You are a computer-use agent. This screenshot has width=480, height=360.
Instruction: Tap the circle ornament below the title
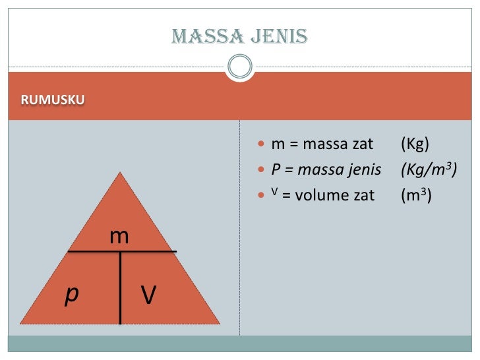239,65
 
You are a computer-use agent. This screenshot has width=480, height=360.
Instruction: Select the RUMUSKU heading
53,101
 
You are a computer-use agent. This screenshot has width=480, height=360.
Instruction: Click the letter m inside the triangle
119,235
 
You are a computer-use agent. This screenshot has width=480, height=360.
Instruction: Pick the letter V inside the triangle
149,295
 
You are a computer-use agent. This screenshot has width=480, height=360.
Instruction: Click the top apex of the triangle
120,174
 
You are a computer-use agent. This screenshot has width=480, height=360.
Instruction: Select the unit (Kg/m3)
429,169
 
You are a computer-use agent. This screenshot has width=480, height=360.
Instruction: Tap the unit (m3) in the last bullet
416,195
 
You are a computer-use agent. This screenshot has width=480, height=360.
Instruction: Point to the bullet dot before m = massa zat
262,144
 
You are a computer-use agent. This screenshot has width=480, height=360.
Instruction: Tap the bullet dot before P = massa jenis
262,170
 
